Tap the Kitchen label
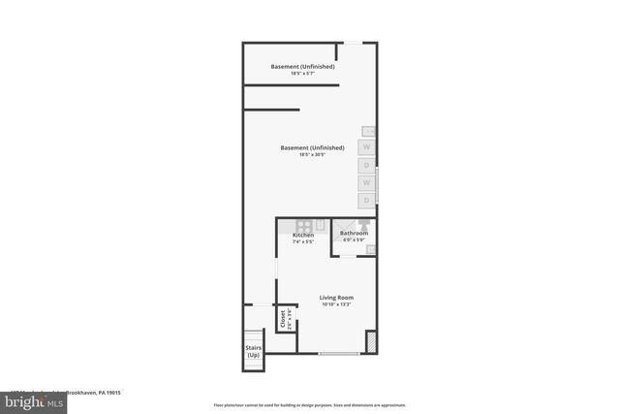tap(303, 236)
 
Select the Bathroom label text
tap(354, 234)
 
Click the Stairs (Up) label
tap(252, 352)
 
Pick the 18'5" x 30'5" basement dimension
tap(312, 155)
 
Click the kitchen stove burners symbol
tap(304, 225)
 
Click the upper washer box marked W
tap(367, 147)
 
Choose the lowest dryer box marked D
tap(367, 200)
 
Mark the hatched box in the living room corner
tap(369, 342)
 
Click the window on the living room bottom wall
tap(339, 354)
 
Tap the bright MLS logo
tap(32, 399)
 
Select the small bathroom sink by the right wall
tap(370, 249)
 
